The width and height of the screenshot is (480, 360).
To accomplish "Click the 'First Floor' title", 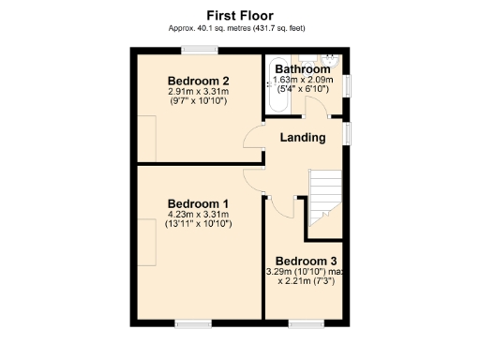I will coord(241,15).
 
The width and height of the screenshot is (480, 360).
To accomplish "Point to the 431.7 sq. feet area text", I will coord(273,28).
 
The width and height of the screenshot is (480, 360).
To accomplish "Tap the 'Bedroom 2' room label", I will coord(199,80).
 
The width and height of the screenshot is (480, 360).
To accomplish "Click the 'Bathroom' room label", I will coord(308,69).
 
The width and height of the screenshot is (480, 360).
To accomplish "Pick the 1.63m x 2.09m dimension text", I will coord(308,81).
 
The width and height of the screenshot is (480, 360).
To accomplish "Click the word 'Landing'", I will coord(303,138).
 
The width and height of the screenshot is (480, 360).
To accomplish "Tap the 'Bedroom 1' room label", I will coord(198,203).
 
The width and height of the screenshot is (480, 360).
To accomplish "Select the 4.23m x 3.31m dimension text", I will coord(198,215).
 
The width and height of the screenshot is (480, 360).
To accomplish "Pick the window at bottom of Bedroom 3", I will coord(305,325).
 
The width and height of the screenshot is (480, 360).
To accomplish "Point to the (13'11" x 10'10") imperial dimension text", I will coord(198,225).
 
